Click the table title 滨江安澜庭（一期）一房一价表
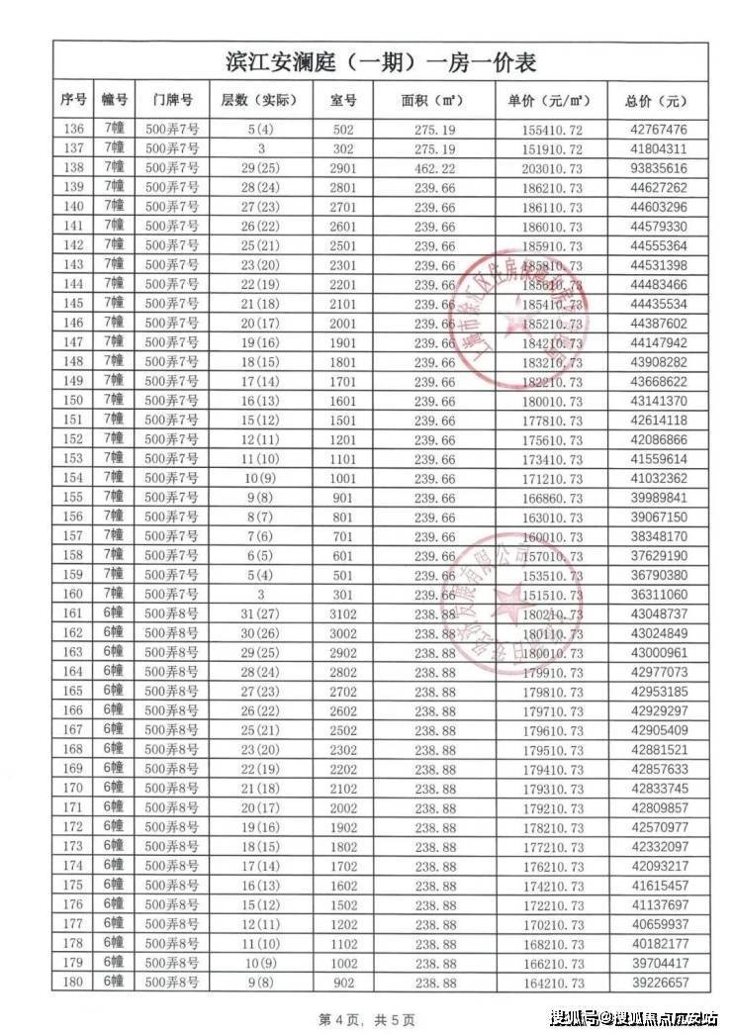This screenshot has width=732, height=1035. pos(381,62)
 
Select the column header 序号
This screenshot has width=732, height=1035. pos(73,101)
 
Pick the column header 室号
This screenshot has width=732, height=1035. pos(342,101)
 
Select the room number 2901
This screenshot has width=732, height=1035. pos(342,168)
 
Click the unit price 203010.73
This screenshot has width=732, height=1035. pos(553,168)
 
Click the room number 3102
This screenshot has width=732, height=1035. pos(342,615)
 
